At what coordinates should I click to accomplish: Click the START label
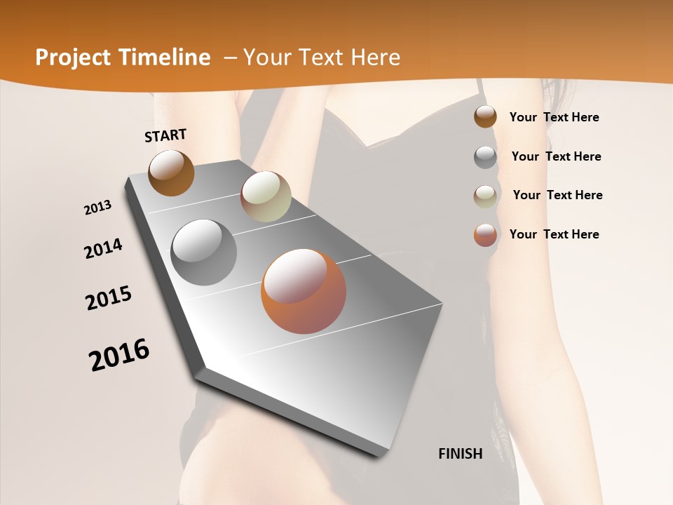tap(165, 135)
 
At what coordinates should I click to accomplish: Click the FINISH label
tap(461, 454)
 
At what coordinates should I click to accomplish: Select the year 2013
tap(98, 208)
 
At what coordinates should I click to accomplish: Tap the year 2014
tap(103, 248)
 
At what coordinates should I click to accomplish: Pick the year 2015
tap(109, 298)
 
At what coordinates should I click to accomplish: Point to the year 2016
tap(119, 355)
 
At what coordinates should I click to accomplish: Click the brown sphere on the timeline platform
tap(171, 173)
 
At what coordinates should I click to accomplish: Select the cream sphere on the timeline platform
tap(266, 196)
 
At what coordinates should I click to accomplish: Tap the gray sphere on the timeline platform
tap(204, 252)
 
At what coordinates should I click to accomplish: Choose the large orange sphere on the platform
tap(304, 291)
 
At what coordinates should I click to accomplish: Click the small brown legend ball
tap(485, 116)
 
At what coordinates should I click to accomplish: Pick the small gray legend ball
tap(485, 157)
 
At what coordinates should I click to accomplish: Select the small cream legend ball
tap(485, 196)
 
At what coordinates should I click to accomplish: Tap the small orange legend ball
tap(485, 235)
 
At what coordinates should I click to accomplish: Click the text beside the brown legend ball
tap(555, 117)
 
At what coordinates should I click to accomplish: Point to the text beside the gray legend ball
tap(557, 156)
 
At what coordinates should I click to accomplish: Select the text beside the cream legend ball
tap(558, 195)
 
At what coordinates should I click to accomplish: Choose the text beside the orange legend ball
tap(555, 234)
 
